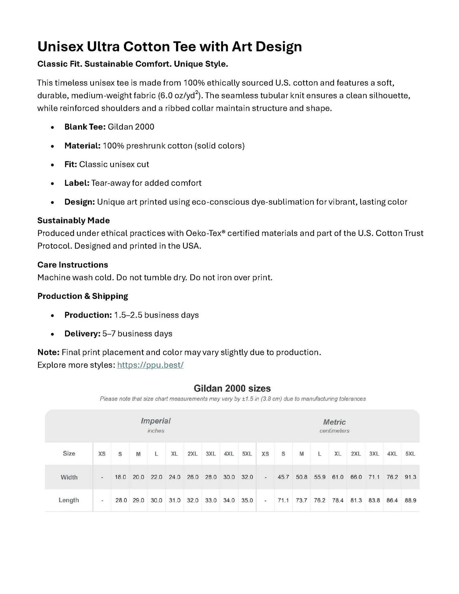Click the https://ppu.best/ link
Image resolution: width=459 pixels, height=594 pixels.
coord(150,365)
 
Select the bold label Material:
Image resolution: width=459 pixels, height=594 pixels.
coord(82,146)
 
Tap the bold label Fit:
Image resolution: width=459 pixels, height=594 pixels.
coord(71,164)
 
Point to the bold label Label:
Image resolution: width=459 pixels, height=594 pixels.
coord(77,183)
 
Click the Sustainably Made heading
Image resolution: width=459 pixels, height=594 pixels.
coord(73,220)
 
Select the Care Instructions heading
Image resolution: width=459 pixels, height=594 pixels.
coord(72,265)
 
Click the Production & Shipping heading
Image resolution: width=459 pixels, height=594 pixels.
coord(83,296)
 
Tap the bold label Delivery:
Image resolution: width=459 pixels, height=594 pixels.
coord(82,334)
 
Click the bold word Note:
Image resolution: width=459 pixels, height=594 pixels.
coord(48,352)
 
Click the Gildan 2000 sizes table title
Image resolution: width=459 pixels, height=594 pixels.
coord(232,388)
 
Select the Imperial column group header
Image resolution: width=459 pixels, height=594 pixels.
coord(156,421)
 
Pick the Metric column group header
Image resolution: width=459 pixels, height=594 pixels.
coord(334,422)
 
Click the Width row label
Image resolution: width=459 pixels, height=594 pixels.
coord(69,477)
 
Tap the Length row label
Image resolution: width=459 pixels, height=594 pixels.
coord(69,500)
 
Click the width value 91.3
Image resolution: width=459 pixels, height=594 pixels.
coord(410,477)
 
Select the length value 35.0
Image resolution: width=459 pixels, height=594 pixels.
coord(247,500)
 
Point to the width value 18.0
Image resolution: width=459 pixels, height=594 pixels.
coord(120,477)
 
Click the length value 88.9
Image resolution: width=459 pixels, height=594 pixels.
coord(410,500)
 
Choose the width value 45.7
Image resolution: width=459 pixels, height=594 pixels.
coord(283,477)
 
